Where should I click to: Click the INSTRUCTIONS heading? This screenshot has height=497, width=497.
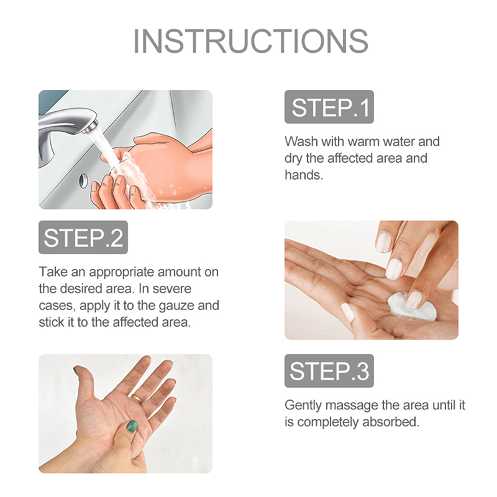click(251, 41)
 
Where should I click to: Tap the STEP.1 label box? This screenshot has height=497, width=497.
click(329, 107)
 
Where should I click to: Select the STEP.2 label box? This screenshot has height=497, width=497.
click(83, 237)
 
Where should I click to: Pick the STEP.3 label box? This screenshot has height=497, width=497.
click(329, 371)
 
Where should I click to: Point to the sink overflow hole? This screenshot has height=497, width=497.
click(83, 181)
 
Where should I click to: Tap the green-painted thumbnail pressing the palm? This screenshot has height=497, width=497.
click(132, 426)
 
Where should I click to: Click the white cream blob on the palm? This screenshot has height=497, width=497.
click(412, 306)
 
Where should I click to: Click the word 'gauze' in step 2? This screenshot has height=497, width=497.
click(176, 306)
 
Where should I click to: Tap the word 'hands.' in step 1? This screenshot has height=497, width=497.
click(304, 175)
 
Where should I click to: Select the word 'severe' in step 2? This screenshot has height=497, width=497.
click(172, 289)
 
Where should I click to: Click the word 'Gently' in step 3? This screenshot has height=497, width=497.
click(303, 406)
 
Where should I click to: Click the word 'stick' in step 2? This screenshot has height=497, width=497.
click(50, 322)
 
